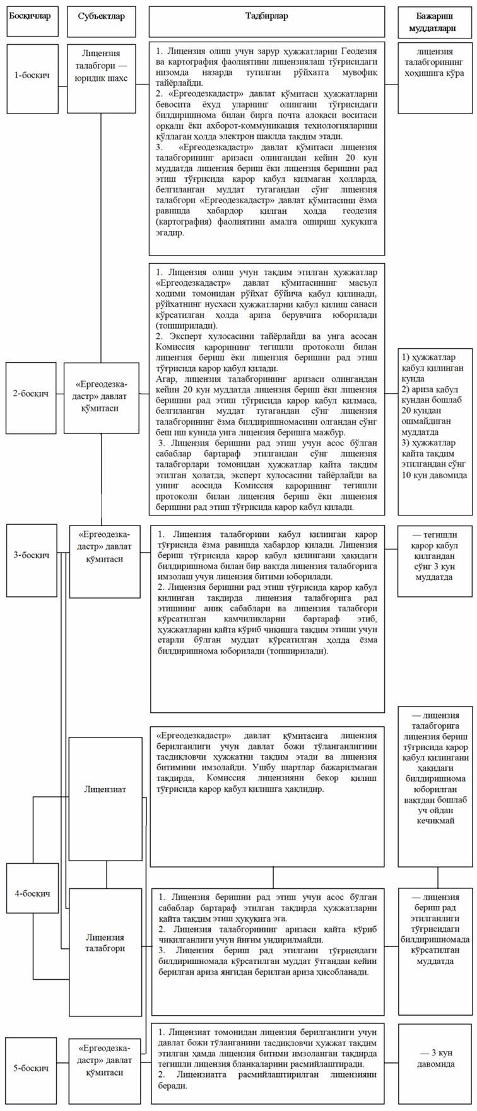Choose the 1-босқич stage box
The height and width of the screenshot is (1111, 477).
(32, 74)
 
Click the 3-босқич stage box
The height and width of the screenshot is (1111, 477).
(32, 555)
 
